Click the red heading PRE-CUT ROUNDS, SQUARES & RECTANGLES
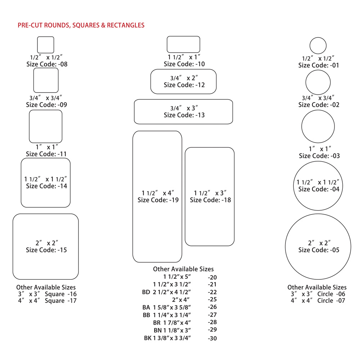coord(81,25)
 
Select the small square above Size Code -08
coord(46,45)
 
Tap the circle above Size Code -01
coord(318,45)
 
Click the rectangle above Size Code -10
coord(183,44)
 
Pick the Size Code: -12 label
coord(184,85)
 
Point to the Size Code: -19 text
coord(158,200)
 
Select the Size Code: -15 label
coord(46,250)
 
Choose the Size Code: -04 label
coord(319,189)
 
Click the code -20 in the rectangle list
coord(212,278)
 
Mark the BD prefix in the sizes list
coord(146,292)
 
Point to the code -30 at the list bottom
coord(212,338)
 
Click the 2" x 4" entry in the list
coord(181,300)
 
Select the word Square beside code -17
coord(55,301)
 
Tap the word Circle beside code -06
coord(325,294)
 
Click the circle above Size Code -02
coord(318,82)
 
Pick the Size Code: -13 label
coord(184,115)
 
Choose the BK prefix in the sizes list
coord(148,338)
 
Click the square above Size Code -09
coord(46,80)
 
